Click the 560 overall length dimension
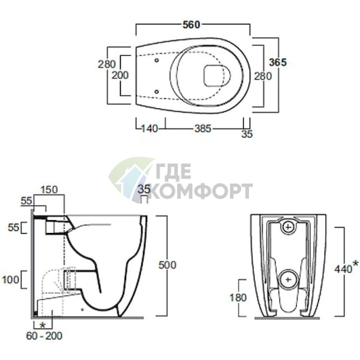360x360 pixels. point(192,25)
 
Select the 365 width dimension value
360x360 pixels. point(278,62)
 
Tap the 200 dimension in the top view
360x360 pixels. point(120,75)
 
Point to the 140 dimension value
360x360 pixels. point(150,128)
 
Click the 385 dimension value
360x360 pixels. point(203,128)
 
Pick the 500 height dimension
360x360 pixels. point(167,265)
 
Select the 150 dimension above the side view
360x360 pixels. point(49,189)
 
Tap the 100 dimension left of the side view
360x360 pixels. point(10,279)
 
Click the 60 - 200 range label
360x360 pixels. point(44,336)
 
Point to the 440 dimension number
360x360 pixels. point(343,269)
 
